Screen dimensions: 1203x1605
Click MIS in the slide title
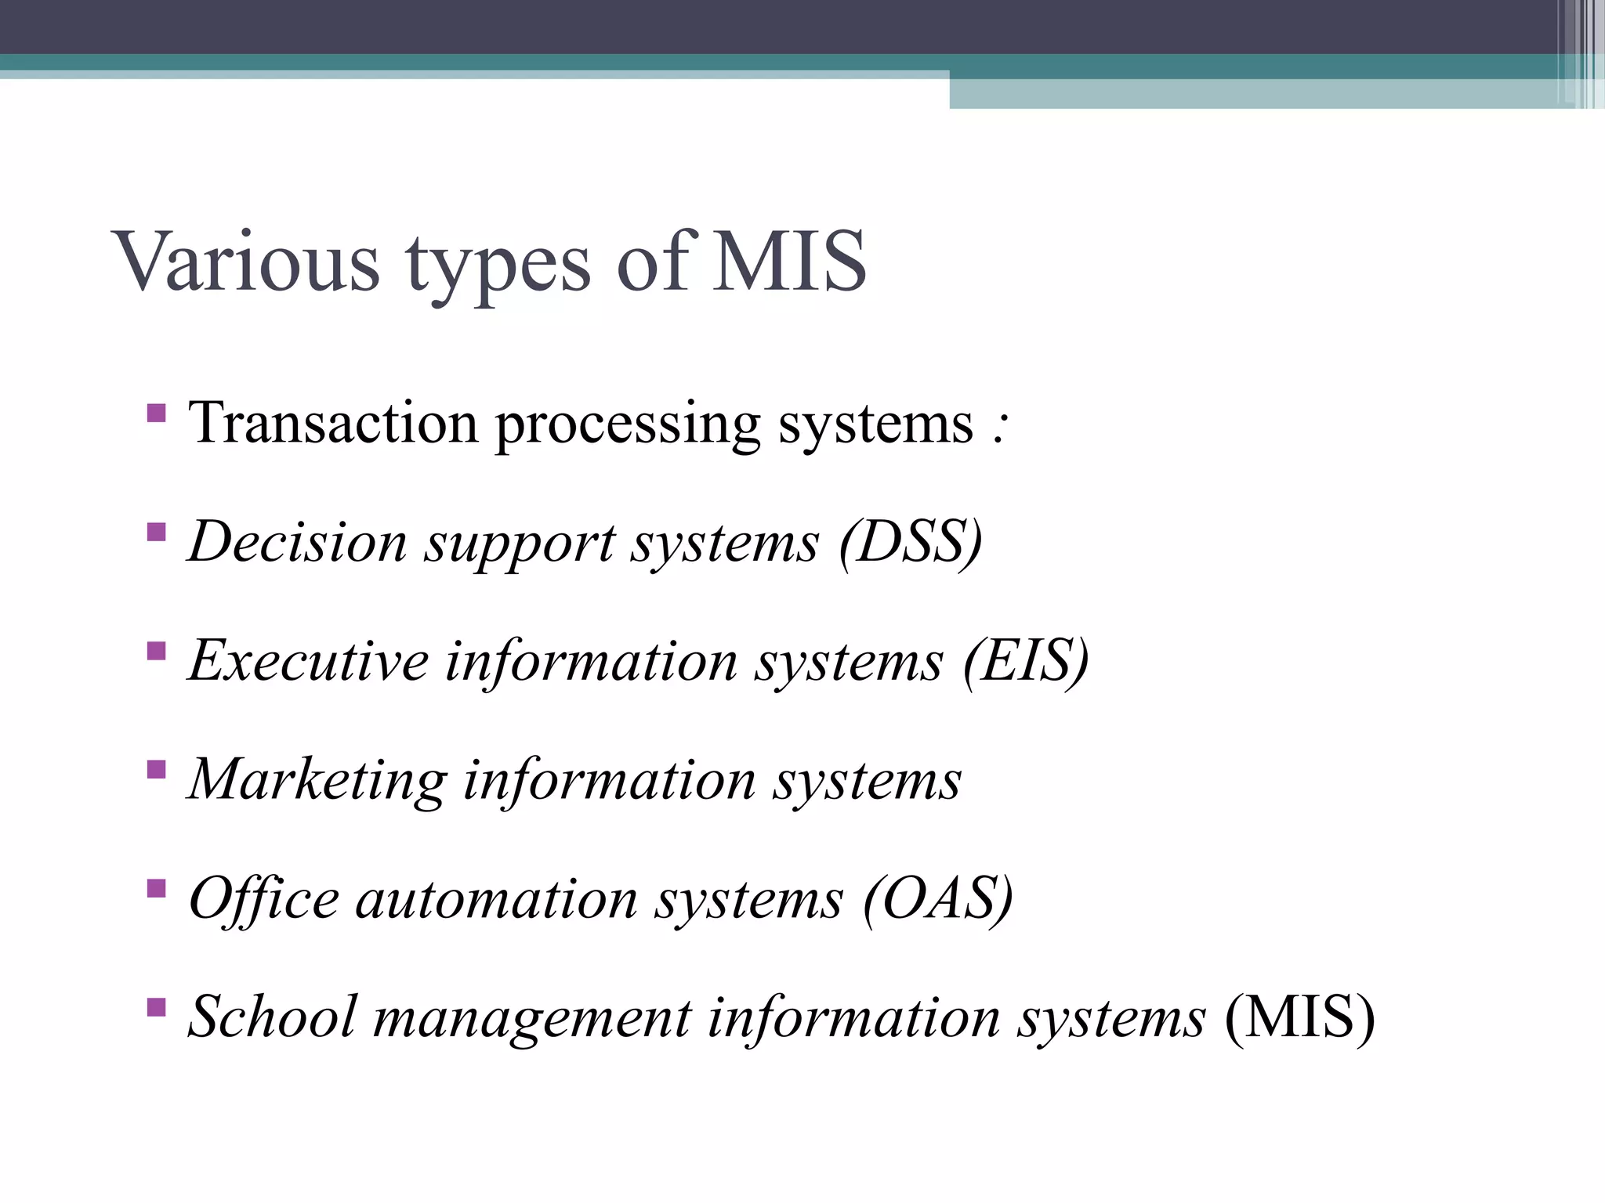click(788, 262)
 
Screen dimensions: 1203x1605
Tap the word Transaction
click(333, 424)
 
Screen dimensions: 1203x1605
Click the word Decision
click(299, 542)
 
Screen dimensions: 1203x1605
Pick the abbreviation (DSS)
click(910, 542)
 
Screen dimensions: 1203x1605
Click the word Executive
click(309, 661)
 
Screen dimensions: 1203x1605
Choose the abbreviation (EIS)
click(1026, 661)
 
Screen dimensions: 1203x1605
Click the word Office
click(264, 898)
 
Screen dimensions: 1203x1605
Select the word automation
click(497, 899)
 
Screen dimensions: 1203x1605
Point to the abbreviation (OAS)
click(938, 898)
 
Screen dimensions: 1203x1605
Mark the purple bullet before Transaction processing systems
click(156, 413)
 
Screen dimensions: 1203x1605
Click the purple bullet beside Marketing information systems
click(156, 769)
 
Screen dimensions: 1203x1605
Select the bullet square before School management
click(156, 1006)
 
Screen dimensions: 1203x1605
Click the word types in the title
click(498, 265)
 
